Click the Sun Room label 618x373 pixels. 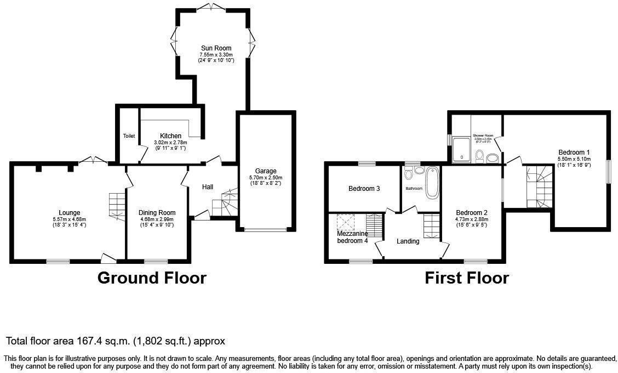[215, 48]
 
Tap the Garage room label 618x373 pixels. [266, 171]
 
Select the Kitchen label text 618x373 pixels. [170, 136]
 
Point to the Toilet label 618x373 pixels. [129, 136]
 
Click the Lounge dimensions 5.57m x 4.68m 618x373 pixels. [70, 219]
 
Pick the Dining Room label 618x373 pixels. [157, 213]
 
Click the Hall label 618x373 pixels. [208, 187]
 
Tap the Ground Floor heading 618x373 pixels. [152, 278]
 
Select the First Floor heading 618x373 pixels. [467, 278]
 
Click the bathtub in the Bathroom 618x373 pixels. [432, 182]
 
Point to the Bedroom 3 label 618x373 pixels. [364, 189]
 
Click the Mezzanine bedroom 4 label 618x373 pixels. [352, 237]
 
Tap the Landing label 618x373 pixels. [408, 241]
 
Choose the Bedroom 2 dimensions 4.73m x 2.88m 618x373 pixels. [471, 219]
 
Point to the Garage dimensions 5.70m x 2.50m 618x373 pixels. [266, 178]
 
